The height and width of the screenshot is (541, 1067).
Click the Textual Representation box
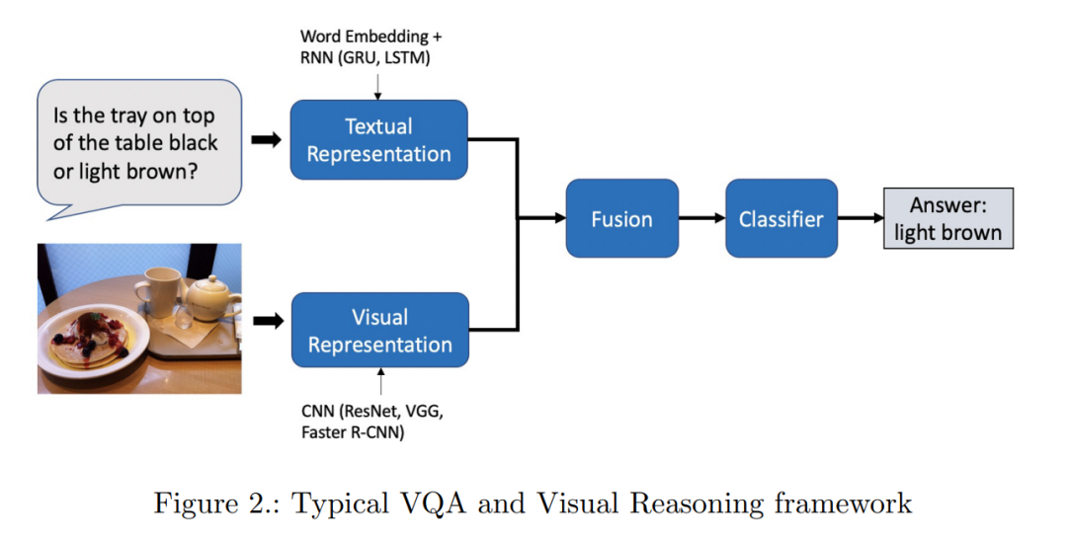coord(379,140)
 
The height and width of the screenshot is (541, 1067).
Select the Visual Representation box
coord(380,331)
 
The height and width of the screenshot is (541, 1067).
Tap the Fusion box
coord(622,218)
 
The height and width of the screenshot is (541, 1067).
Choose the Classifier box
coord(781,218)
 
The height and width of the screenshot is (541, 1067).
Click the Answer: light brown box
coord(947,218)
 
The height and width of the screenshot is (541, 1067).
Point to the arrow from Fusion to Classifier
coord(701,218)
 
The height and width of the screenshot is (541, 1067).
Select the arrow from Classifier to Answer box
coord(861,218)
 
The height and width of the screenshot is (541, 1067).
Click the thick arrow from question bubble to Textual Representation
coord(266,140)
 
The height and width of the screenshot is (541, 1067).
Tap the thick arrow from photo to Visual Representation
coord(268,321)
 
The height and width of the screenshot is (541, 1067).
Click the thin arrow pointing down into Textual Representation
coord(377,86)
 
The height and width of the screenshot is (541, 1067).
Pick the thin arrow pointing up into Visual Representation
coord(380,381)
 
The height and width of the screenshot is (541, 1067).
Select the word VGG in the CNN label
coord(425,412)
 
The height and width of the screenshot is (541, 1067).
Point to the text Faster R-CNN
coord(353,432)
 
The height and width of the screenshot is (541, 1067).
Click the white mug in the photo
coord(158,291)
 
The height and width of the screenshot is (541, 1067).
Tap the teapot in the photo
coord(212,299)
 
